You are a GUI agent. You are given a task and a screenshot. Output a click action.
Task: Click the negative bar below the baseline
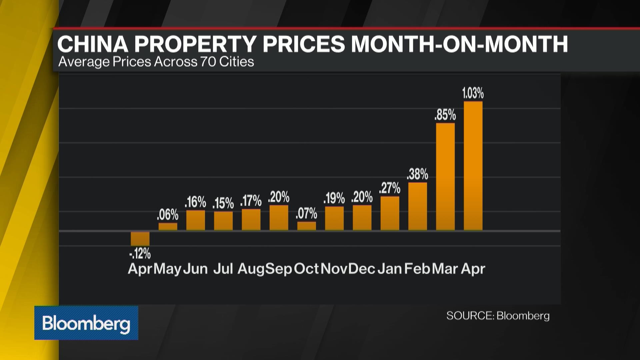(140, 239)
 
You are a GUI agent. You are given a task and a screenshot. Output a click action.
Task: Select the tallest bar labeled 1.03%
(473, 166)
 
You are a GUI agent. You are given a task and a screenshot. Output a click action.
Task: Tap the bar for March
(445, 177)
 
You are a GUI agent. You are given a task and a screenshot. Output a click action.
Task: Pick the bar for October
(307, 226)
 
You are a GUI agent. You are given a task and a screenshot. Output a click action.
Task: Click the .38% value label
(417, 174)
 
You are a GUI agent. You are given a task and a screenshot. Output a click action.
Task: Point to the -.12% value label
(140, 254)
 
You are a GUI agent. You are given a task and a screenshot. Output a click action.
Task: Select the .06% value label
(168, 215)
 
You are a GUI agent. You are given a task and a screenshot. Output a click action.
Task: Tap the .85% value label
(445, 115)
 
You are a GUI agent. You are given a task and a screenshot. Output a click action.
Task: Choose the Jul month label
(223, 269)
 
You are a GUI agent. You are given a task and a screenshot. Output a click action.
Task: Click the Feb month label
(417, 269)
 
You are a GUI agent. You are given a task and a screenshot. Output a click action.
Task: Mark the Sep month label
(279, 269)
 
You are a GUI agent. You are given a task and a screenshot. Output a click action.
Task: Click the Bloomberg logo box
(86, 323)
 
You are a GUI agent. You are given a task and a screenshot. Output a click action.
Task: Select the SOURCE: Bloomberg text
(498, 316)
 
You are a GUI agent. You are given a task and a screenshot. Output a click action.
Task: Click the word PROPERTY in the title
(195, 44)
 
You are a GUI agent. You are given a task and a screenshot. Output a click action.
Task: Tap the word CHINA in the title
(93, 44)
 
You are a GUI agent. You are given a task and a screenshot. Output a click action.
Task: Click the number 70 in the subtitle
(208, 62)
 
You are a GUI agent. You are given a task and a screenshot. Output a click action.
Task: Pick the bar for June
(196, 220)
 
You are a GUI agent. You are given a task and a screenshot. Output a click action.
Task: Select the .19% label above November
(334, 198)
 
